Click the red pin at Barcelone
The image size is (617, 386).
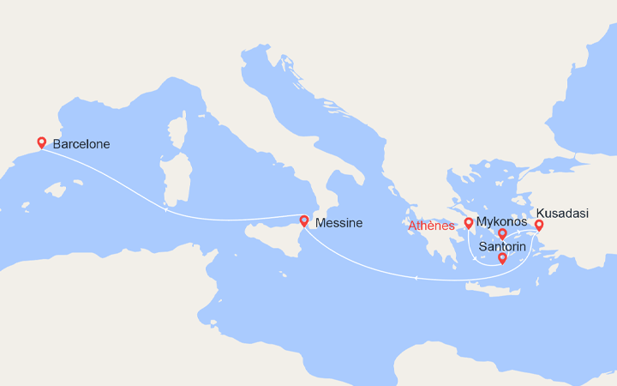[x=41, y=142]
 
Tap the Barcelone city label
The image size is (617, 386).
[x=81, y=144]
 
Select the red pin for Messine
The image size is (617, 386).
[x=304, y=220]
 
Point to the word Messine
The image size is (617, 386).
[x=338, y=223]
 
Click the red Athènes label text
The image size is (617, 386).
[x=430, y=226]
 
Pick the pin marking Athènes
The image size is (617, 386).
[x=469, y=223]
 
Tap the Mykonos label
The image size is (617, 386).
[x=501, y=221]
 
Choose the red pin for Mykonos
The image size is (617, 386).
[x=503, y=233]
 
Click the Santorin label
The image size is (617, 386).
[x=503, y=245]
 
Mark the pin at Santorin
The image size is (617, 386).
[x=502, y=258]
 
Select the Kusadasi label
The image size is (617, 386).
[x=563, y=213]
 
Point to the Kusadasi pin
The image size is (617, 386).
[x=539, y=226]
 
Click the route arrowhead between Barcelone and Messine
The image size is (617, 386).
[x=165, y=209]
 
